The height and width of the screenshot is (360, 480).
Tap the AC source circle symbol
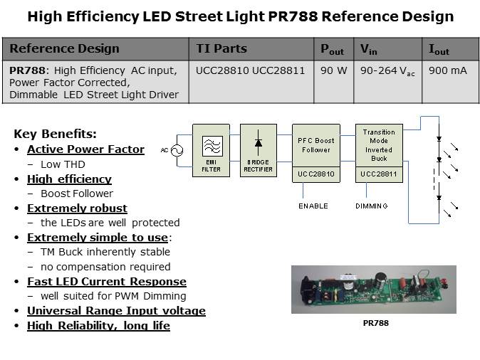click(x=175, y=150)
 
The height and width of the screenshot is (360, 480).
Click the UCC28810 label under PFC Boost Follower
click(x=316, y=174)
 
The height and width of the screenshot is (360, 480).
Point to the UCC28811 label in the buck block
click(x=379, y=174)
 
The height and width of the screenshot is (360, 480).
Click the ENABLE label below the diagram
click(x=313, y=206)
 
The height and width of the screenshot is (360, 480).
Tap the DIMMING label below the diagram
click(x=371, y=206)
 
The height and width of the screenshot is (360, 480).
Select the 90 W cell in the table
click(x=331, y=71)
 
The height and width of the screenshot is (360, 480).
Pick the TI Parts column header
click(x=221, y=49)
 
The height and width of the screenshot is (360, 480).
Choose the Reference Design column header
click(x=64, y=49)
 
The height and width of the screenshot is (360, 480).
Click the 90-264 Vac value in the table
click(x=388, y=71)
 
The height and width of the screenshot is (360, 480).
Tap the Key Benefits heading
click(x=55, y=134)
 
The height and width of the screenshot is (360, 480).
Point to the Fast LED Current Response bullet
click(x=106, y=282)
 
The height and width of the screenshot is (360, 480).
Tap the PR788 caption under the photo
click(x=374, y=322)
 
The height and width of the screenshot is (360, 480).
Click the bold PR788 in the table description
click(x=24, y=70)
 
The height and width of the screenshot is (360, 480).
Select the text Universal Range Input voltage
click(x=116, y=311)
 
